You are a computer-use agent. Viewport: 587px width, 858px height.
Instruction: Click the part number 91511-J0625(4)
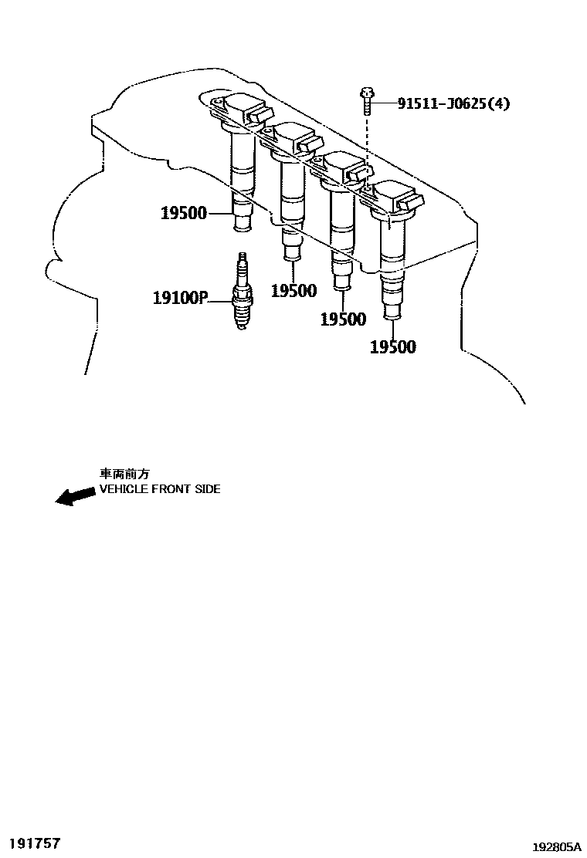pyautogui.click(x=453, y=103)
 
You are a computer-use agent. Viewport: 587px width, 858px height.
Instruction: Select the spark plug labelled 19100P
pyautogui.click(x=242, y=297)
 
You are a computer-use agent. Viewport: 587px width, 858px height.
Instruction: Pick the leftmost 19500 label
pyautogui.click(x=184, y=213)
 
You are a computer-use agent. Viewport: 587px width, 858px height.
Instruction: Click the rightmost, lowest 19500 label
pyautogui.click(x=392, y=347)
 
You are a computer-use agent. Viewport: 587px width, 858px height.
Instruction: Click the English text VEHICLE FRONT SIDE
pyautogui.click(x=160, y=489)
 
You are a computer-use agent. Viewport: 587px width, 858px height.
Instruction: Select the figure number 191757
pyautogui.click(x=34, y=843)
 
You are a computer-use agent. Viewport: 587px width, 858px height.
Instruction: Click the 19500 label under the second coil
pyautogui.click(x=293, y=291)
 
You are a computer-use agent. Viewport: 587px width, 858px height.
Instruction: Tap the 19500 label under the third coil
pyautogui.click(x=343, y=319)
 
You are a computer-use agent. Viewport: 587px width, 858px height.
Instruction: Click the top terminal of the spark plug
pyautogui.click(x=242, y=258)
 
